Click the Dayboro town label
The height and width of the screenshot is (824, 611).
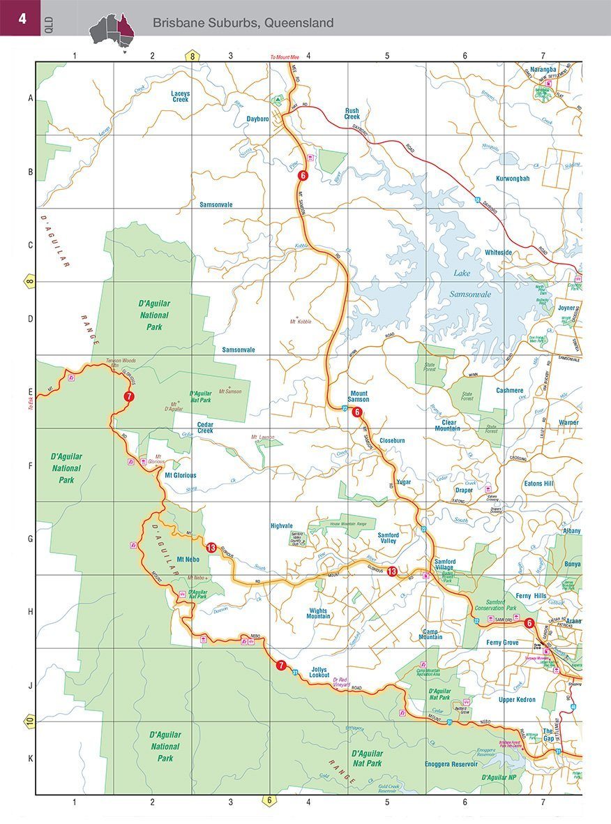[x=257, y=119]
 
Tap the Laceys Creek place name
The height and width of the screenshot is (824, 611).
[x=181, y=96]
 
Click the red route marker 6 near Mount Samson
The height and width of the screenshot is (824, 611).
[x=357, y=412]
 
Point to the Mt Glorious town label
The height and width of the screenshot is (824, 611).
[x=180, y=475]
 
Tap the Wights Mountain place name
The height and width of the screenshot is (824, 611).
[x=319, y=614]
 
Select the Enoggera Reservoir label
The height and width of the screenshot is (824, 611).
[x=451, y=764]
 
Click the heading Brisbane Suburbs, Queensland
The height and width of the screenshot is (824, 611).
[x=243, y=23]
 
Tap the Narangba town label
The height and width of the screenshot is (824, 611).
[x=543, y=70]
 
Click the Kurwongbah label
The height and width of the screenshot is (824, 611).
[x=513, y=179]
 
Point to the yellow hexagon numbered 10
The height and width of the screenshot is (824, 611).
[x=29, y=721]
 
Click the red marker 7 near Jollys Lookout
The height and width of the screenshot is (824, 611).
[x=280, y=666]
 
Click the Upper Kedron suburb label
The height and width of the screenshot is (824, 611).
[x=517, y=699]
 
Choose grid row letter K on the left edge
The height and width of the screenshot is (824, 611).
[x=29, y=758]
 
